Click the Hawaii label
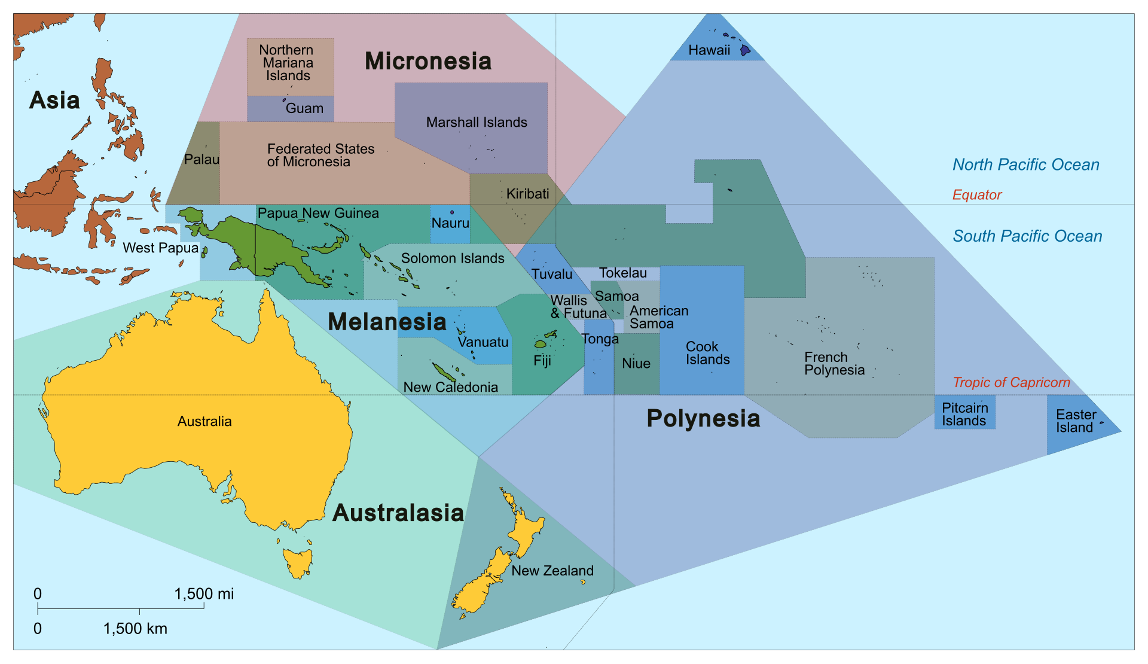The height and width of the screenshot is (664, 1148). point(709,50)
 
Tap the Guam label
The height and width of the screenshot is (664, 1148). point(304,109)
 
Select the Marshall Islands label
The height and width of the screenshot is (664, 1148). point(477,123)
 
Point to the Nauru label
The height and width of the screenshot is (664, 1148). point(450,223)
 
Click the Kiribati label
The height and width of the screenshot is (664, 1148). point(527,194)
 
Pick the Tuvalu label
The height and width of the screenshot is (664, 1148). point(552,274)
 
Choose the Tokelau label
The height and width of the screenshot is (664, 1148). point(623,273)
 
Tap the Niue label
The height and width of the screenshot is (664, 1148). point(636,363)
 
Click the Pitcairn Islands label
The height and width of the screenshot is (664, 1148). point(964,414)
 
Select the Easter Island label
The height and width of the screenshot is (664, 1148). point(1076,421)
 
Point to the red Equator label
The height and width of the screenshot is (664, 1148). point(977,195)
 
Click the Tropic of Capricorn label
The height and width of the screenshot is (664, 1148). point(1011,383)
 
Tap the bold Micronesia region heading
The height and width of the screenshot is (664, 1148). point(428,61)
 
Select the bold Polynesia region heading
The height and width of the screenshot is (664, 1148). point(703,419)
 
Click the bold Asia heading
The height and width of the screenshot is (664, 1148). point(54,100)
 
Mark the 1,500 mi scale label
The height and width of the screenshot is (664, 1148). point(204,594)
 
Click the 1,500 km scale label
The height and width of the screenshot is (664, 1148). point(135,629)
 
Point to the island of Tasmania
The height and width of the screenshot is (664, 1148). point(298,562)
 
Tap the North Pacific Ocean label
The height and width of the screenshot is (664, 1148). point(1025,165)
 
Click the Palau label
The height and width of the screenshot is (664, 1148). point(201,160)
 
